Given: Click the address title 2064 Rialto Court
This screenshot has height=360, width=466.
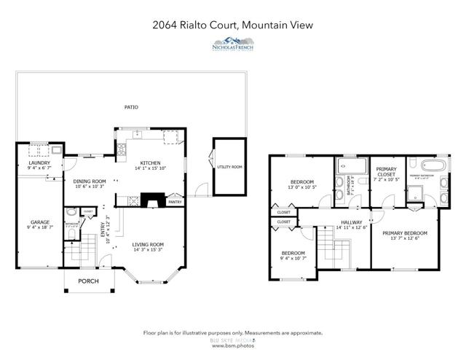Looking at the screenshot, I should pos(232,25).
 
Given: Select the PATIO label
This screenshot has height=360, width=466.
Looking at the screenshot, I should pos(131,107).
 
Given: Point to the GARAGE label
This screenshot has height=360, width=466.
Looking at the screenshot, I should pos(39,222).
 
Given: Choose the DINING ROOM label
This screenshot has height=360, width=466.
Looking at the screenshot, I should pos(90,181).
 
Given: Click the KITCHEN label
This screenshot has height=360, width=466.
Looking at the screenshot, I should pos(151,164).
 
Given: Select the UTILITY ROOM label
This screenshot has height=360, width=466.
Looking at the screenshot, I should pos(229,167).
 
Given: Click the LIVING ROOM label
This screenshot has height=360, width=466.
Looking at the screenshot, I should pos(148,245).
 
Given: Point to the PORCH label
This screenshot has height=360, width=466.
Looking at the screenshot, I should pos(88,281).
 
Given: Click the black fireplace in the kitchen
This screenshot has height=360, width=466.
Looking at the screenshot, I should pos(152,198).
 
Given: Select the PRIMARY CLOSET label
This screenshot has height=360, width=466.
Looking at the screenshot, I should pos(386,172).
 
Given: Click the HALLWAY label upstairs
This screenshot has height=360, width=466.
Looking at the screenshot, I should pos(351,222).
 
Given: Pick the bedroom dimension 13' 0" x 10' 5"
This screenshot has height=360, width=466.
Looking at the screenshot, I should pos(301,187).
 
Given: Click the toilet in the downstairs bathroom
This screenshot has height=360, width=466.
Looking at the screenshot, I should pos(71,214).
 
